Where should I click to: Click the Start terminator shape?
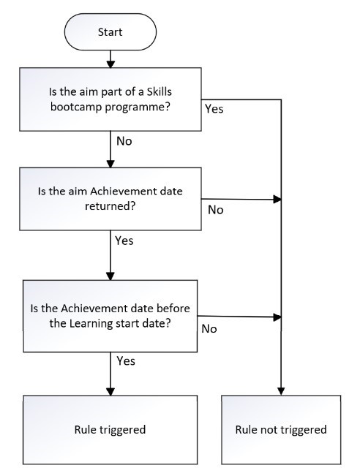coord(110,32)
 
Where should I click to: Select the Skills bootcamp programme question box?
coord(110,99)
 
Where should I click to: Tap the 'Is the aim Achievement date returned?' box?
coord(110,199)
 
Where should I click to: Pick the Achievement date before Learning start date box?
coord(110,316)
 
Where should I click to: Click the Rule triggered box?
coord(110,429)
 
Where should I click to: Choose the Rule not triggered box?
coord(281,429)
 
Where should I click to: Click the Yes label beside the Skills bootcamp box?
coord(214,109)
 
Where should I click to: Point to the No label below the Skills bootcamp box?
coord(124,141)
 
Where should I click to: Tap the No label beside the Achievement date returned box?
coord(216,210)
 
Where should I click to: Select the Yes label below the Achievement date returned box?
coord(124,241)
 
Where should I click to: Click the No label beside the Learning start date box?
coord(209,329)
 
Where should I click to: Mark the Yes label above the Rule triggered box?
coord(126,361)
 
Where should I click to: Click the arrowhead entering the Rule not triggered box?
coord(281,392)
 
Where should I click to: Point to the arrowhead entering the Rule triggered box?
coord(110,392)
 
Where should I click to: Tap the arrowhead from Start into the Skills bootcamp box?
coord(110,64)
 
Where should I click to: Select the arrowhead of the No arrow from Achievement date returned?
coord(277,200)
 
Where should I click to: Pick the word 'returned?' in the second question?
coord(110,206)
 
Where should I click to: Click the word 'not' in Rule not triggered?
coord(269,430)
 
